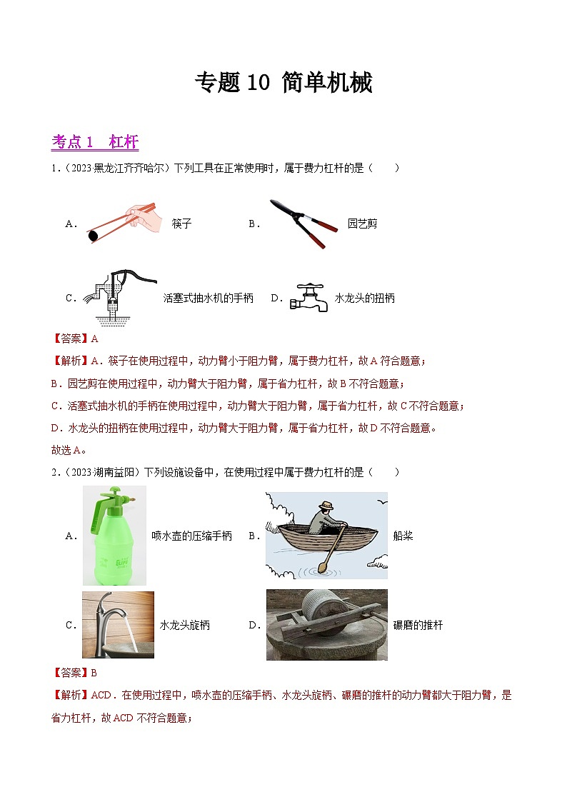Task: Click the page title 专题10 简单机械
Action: (283, 84)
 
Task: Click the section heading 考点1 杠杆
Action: (95, 142)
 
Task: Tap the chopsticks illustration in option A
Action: (123, 222)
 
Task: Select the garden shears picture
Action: (303, 223)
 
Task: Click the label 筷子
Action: (181, 224)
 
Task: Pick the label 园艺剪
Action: (362, 224)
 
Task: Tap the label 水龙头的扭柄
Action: (364, 299)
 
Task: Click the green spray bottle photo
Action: (114, 535)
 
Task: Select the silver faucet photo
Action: (118, 624)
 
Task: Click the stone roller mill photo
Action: (326, 624)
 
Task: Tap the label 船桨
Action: (403, 536)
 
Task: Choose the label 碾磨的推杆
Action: (418, 625)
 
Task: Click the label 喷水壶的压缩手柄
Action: (191, 536)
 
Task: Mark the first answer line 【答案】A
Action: (75, 339)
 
